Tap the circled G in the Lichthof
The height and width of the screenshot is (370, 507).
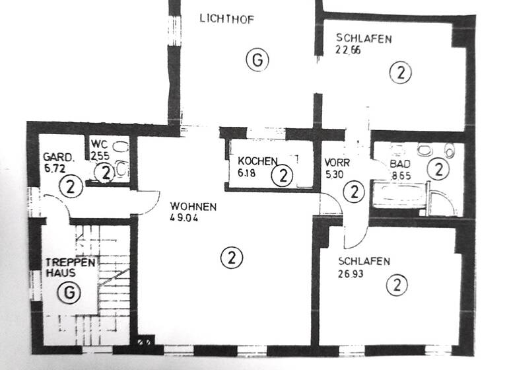point(258,60)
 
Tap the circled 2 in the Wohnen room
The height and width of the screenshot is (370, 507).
point(230,256)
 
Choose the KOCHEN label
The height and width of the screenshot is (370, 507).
point(258,161)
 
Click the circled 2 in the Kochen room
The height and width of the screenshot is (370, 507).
point(283,176)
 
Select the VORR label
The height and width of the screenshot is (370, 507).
point(337,162)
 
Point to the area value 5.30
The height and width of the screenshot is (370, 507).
point(335,174)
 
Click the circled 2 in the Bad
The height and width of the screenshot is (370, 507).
point(437,169)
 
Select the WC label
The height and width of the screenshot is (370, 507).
point(98,143)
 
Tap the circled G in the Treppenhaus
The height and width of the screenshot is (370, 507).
point(69,291)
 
